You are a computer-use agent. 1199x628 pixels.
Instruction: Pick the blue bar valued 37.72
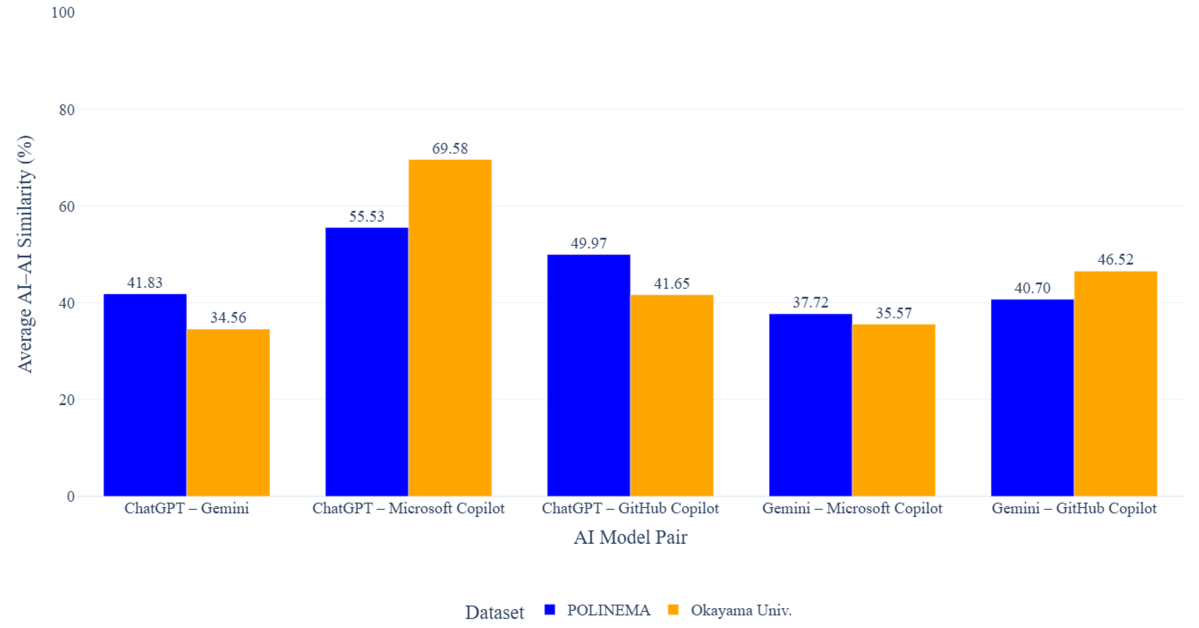810,405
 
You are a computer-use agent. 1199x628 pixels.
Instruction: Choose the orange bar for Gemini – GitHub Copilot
1115,384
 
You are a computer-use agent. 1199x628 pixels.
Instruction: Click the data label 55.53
367,216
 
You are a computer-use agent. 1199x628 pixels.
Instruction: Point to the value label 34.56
228,317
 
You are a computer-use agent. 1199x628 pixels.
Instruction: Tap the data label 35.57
894,313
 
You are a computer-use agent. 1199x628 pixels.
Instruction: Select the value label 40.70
1032,288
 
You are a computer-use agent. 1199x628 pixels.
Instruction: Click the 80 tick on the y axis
67,110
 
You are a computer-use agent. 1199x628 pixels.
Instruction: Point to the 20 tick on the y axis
67,400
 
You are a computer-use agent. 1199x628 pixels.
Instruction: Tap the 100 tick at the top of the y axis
63,13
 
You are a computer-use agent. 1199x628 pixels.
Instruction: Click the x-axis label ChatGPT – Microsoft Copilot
408,508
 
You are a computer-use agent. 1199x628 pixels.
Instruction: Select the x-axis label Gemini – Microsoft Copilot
852,508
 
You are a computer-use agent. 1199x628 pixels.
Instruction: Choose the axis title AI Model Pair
630,537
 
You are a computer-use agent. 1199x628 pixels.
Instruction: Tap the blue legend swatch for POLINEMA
550,610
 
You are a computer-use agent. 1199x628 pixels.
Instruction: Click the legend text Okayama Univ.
741,610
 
